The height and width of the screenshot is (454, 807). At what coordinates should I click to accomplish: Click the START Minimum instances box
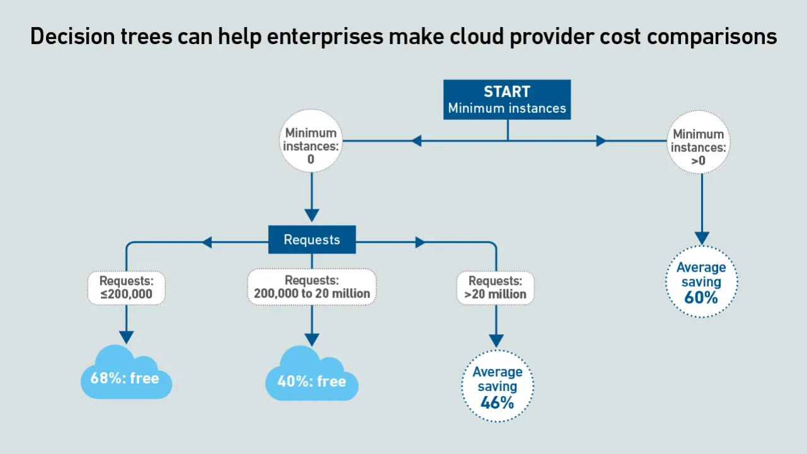pos(507,100)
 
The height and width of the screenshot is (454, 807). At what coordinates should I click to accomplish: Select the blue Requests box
pos(311,240)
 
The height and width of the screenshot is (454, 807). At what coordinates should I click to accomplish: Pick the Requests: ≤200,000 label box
pos(126,288)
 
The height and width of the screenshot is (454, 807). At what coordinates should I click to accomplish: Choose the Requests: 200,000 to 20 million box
pos(311,287)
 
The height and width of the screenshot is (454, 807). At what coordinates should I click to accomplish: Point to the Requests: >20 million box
pos(496,288)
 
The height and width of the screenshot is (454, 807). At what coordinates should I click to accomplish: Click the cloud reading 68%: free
pos(125,376)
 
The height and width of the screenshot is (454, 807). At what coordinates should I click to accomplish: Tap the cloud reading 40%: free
pos(311,378)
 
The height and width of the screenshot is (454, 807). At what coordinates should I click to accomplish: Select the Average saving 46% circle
pos(497,387)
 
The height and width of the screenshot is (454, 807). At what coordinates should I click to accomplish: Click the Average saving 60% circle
pos(701,282)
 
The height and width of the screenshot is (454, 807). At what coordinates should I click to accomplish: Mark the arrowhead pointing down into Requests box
pos(311,214)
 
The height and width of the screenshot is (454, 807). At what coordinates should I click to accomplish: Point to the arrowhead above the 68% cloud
pos(126,337)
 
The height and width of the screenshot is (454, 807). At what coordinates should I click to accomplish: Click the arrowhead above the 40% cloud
pos(311,337)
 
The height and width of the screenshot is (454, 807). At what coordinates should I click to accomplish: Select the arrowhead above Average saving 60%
pos(702,238)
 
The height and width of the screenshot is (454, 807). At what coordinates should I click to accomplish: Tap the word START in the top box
pos(507,91)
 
